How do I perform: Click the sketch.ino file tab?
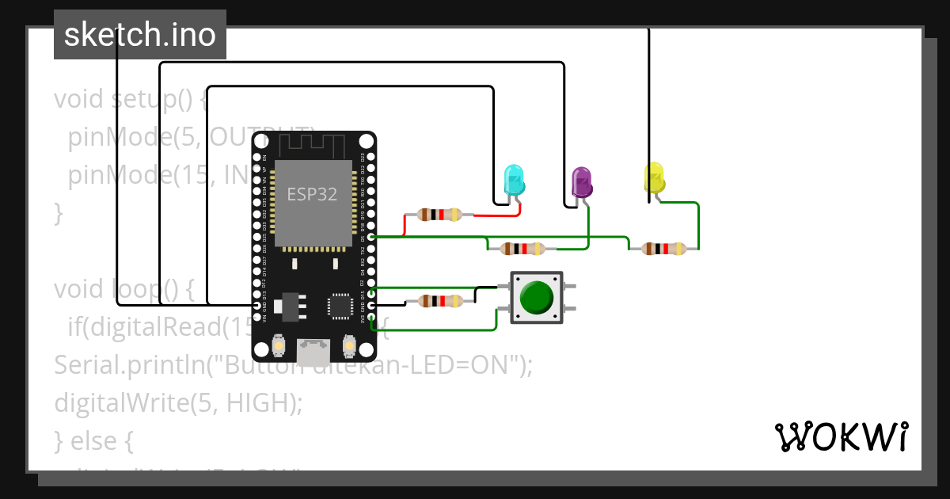click(140, 35)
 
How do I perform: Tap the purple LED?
click(582, 182)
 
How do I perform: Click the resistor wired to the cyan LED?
click(439, 214)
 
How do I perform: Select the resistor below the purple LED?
click(522, 249)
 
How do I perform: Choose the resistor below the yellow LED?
click(663, 249)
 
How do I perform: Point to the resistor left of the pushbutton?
click(439, 301)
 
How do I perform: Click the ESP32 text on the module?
click(312, 195)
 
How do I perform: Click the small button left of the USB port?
click(279, 346)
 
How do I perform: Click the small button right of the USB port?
click(348, 346)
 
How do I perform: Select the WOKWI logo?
click(841, 436)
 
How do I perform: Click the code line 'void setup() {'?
click(131, 101)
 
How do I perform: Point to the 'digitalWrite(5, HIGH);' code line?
click(178, 402)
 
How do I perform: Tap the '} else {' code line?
click(93, 440)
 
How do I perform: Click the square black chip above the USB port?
click(341, 305)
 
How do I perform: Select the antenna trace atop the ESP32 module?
click(313, 146)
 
